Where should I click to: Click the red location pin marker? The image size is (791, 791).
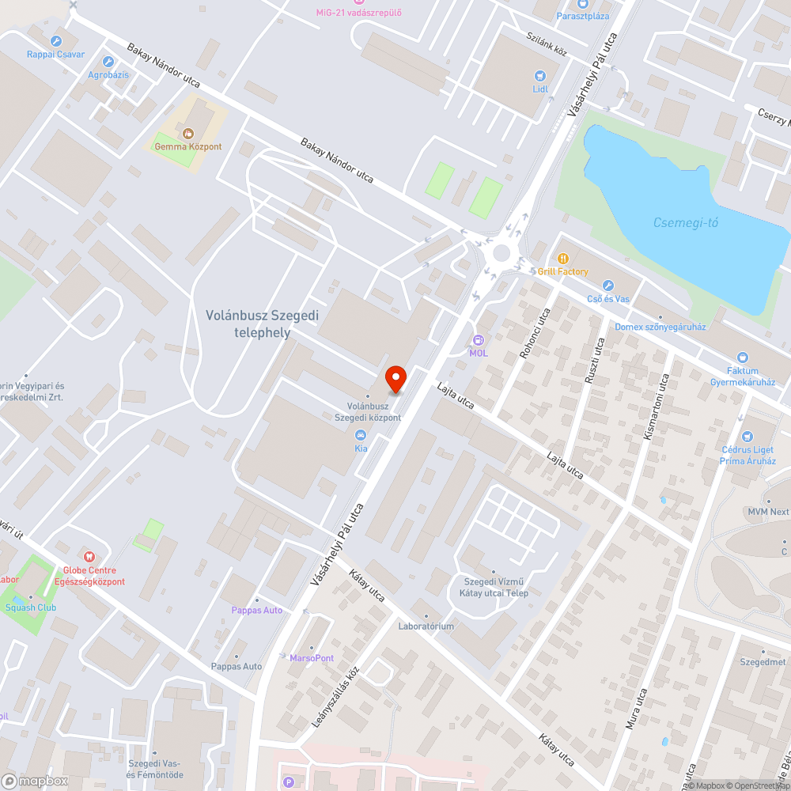[395, 379]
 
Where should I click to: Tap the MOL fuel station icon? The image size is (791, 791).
[478, 340]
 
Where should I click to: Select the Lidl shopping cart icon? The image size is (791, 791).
[540, 75]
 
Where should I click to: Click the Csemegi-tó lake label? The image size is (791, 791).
[686, 222]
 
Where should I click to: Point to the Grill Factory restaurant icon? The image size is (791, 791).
[563, 258]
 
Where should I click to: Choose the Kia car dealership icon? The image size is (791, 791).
[361, 435]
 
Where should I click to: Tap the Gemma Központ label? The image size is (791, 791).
[188, 146]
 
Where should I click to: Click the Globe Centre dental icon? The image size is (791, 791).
[89, 557]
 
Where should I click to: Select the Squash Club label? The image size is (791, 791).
[30, 607]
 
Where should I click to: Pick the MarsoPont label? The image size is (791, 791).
[312, 657]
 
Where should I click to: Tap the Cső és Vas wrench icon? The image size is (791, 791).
[607, 285]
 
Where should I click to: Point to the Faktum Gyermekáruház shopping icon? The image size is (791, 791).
[742, 358]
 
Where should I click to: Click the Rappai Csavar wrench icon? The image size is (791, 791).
[55, 40]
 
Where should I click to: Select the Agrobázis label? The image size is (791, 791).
[108, 74]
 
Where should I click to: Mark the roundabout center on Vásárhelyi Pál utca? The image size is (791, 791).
[501, 253]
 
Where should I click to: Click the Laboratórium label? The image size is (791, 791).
[426, 626]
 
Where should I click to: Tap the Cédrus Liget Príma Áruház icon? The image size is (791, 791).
[747, 436]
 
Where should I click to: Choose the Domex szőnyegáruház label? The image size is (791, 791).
[660, 327]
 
